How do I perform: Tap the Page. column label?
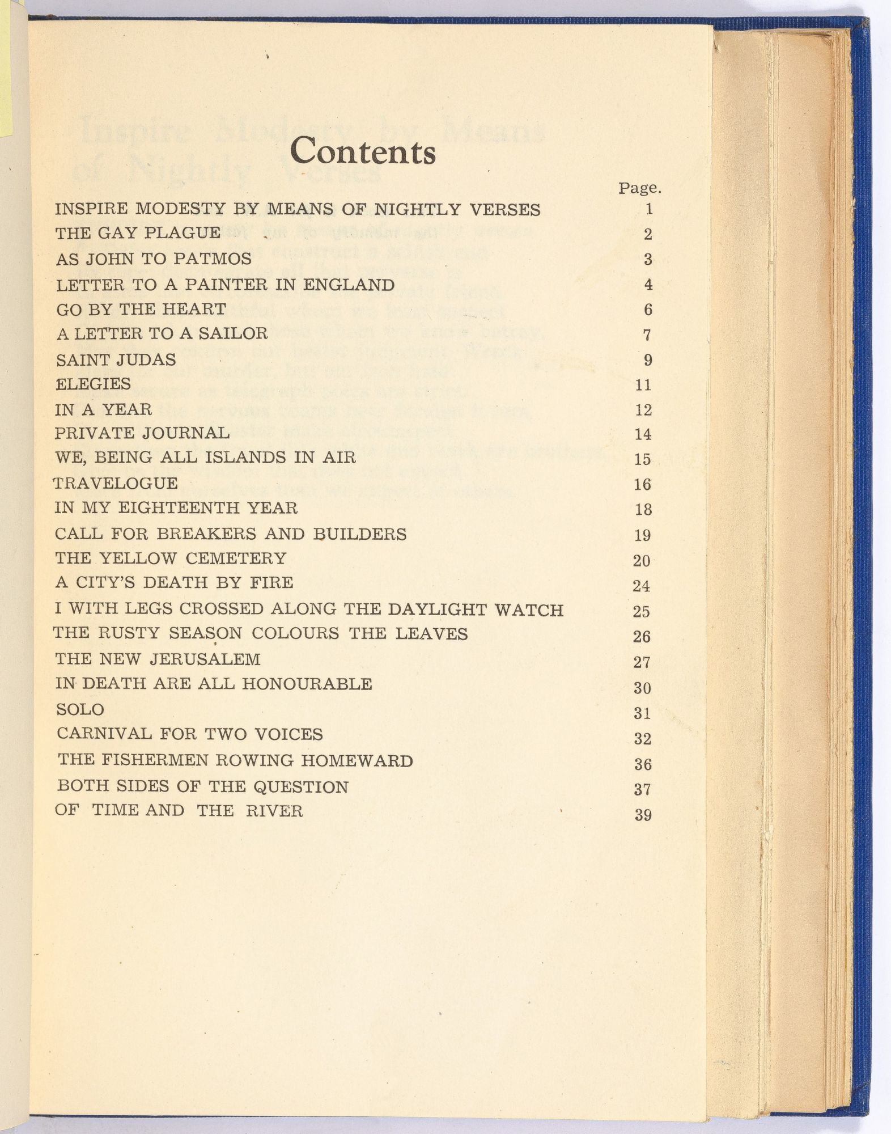tap(640, 188)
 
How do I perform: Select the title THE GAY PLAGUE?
tap(138, 233)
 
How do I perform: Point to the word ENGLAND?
tap(349, 284)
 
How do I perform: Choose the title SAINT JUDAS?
tap(116, 359)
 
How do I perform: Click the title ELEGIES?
tap(94, 384)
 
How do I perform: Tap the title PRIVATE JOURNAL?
tap(142, 433)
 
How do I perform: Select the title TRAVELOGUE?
tap(116, 483)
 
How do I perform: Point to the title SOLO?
tap(80, 709)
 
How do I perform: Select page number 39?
tap(643, 815)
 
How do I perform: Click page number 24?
tap(642, 586)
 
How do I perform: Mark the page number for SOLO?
tap(643, 713)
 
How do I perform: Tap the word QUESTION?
tap(301, 786)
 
